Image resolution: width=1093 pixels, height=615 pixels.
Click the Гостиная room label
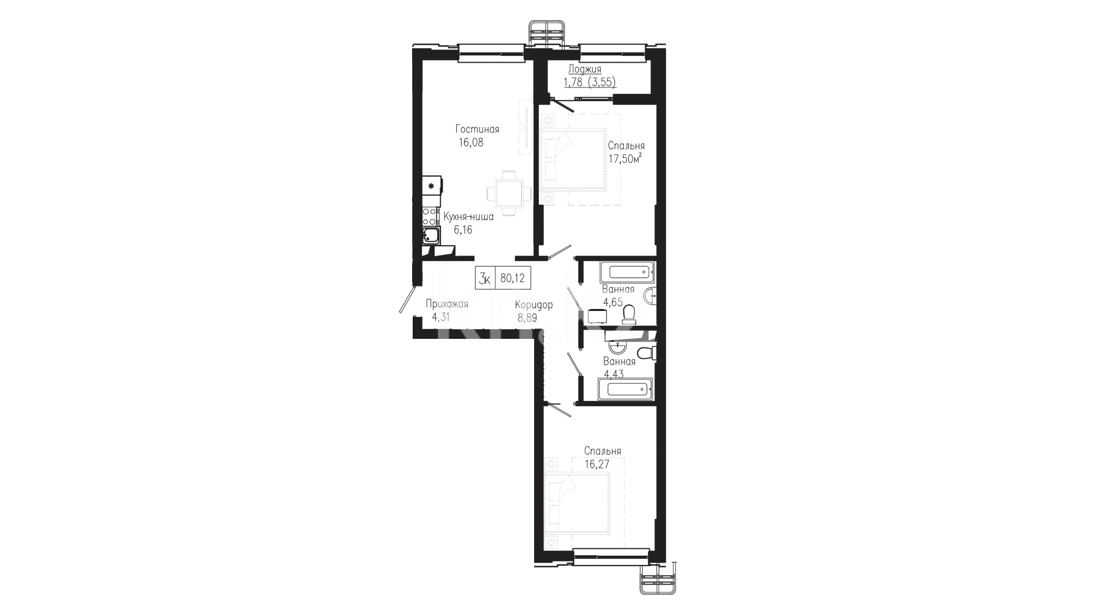477,129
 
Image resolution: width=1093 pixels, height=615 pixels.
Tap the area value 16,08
471,143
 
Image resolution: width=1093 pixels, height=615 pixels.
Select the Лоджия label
585,70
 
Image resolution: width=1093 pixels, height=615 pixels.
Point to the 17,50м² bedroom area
625,159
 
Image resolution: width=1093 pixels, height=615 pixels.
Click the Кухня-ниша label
469,217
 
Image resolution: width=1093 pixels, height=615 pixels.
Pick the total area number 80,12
512,278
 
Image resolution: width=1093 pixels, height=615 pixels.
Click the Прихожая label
447,304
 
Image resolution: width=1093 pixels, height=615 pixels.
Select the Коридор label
534,305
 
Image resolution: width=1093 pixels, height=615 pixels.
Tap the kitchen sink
431,235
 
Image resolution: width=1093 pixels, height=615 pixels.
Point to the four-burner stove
429,216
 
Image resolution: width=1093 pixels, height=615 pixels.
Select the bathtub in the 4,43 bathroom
626,389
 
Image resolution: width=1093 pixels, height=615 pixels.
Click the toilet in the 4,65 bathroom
629,314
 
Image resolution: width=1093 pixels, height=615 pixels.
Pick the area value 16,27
596,463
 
